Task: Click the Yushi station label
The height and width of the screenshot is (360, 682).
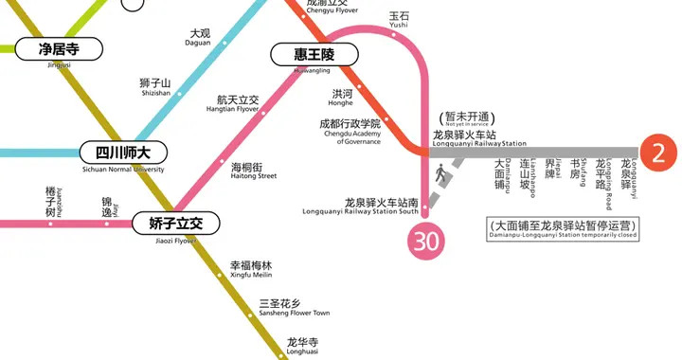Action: click(399, 21)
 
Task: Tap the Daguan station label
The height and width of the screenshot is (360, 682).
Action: click(200, 38)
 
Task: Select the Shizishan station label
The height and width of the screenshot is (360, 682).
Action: click(154, 87)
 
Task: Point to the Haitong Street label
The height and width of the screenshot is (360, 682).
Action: click(254, 171)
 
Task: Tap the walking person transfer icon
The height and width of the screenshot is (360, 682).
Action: click(440, 174)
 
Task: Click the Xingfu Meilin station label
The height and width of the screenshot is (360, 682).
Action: click(251, 269)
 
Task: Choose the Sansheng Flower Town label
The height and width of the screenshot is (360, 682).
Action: click(294, 307)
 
